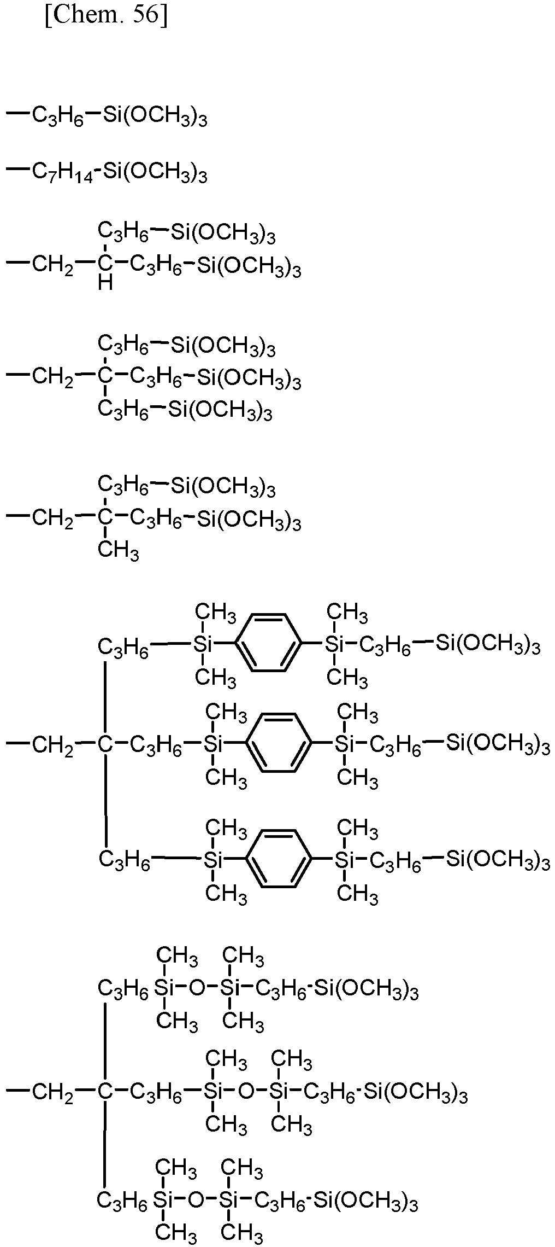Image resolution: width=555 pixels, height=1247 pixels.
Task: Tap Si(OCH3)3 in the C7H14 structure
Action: [155, 173]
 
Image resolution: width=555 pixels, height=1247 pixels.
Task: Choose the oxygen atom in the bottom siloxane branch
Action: [196, 1199]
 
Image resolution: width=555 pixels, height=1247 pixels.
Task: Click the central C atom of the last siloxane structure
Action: [105, 1091]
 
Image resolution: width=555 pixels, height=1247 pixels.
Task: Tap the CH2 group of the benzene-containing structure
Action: [53, 744]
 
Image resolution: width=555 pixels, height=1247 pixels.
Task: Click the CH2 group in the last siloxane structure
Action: [53, 1092]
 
